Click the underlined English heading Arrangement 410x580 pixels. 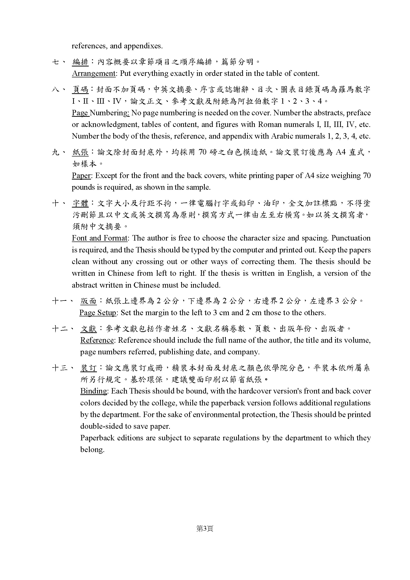tap(94, 73)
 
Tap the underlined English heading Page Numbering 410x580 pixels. tap(100, 113)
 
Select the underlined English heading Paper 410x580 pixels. tap(81, 176)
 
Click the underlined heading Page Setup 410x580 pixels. tap(98, 313)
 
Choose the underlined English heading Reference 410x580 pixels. tap(97, 340)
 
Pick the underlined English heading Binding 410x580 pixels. tap(94, 391)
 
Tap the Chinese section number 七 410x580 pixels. tap(55, 62)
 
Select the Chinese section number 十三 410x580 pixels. tap(60, 368)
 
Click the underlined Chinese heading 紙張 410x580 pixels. tap(81, 152)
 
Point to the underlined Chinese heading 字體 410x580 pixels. tap(81, 203)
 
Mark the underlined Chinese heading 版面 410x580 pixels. tap(88, 301)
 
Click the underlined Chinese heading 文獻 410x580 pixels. tap(88, 329)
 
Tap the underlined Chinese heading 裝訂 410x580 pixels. tap(88, 368)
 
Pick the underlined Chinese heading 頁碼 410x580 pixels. tap(81, 90)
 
